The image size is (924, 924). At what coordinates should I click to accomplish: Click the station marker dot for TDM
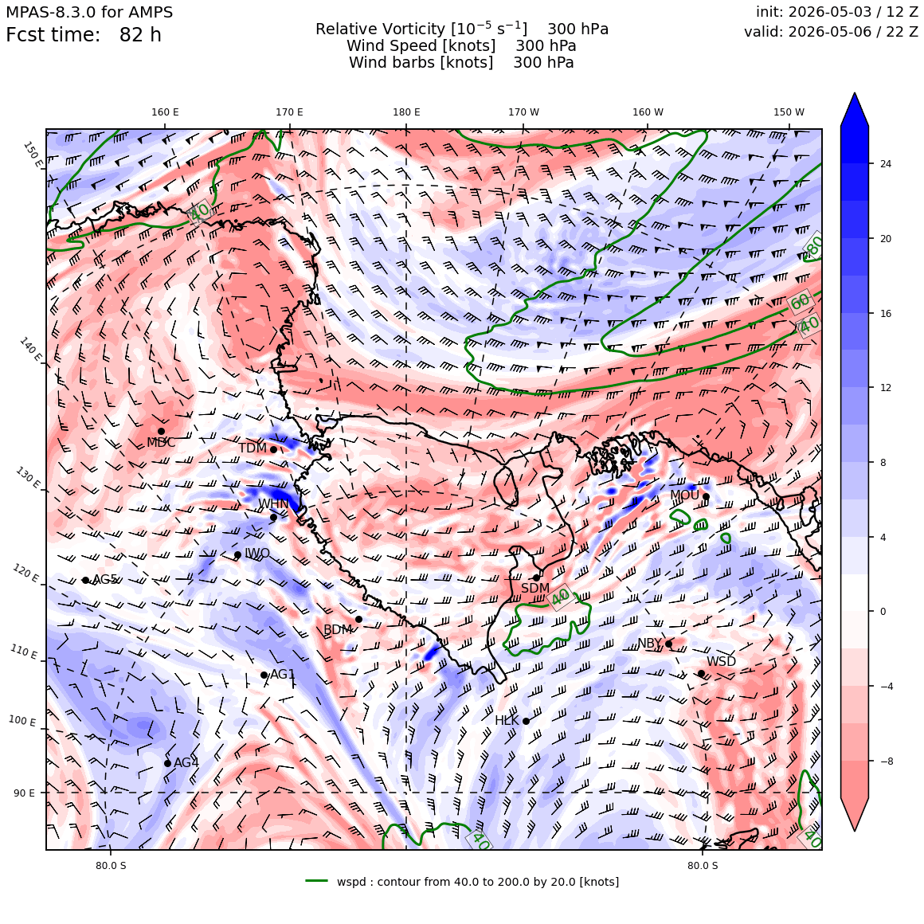coord(273,449)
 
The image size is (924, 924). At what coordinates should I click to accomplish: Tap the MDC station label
coord(161,443)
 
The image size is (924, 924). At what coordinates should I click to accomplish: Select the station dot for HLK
coord(527,721)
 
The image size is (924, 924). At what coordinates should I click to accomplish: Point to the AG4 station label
coord(186,762)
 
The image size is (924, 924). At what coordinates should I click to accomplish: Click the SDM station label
coord(535,588)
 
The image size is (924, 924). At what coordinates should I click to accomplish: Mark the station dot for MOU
coord(706,497)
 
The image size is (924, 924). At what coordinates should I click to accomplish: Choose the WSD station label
coord(722,661)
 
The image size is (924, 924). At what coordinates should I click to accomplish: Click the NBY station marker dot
coord(669,644)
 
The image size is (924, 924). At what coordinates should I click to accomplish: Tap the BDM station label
coord(338,630)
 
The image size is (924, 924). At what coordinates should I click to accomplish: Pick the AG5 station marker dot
coord(85,581)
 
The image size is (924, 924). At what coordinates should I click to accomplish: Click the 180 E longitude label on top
coord(406,112)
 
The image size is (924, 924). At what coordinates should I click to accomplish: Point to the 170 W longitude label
coord(524,112)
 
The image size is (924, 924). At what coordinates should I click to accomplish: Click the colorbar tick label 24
coord(886,164)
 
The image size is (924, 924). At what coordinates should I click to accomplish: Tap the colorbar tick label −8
coord(887,762)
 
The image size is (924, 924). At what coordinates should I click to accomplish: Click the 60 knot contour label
coord(801,303)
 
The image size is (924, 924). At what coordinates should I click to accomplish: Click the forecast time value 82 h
coord(140,35)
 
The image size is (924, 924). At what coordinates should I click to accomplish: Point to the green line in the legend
coord(316,881)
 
